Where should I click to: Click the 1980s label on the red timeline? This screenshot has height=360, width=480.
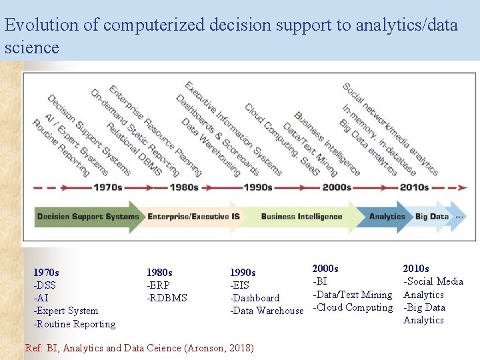click(184, 187)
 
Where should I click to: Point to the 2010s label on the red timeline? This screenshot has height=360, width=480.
click(414, 187)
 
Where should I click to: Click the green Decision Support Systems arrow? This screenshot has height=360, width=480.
click(88, 217)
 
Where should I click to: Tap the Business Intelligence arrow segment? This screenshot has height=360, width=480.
click(301, 217)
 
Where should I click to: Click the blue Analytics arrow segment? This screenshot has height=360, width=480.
click(387, 217)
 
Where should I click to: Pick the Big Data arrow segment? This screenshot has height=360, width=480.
click(431, 217)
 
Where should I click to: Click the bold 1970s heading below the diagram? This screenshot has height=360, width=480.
click(46, 272)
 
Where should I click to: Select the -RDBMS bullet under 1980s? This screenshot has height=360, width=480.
click(167, 298)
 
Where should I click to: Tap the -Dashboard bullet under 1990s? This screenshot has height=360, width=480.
click(255, 298)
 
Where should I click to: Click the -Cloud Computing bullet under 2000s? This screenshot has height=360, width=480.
click(353, 307)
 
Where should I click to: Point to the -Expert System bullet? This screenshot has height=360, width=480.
click(65, 311)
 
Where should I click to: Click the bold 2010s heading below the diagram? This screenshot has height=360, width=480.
click(416, 269)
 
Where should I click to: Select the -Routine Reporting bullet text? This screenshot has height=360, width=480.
click(74, 324)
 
